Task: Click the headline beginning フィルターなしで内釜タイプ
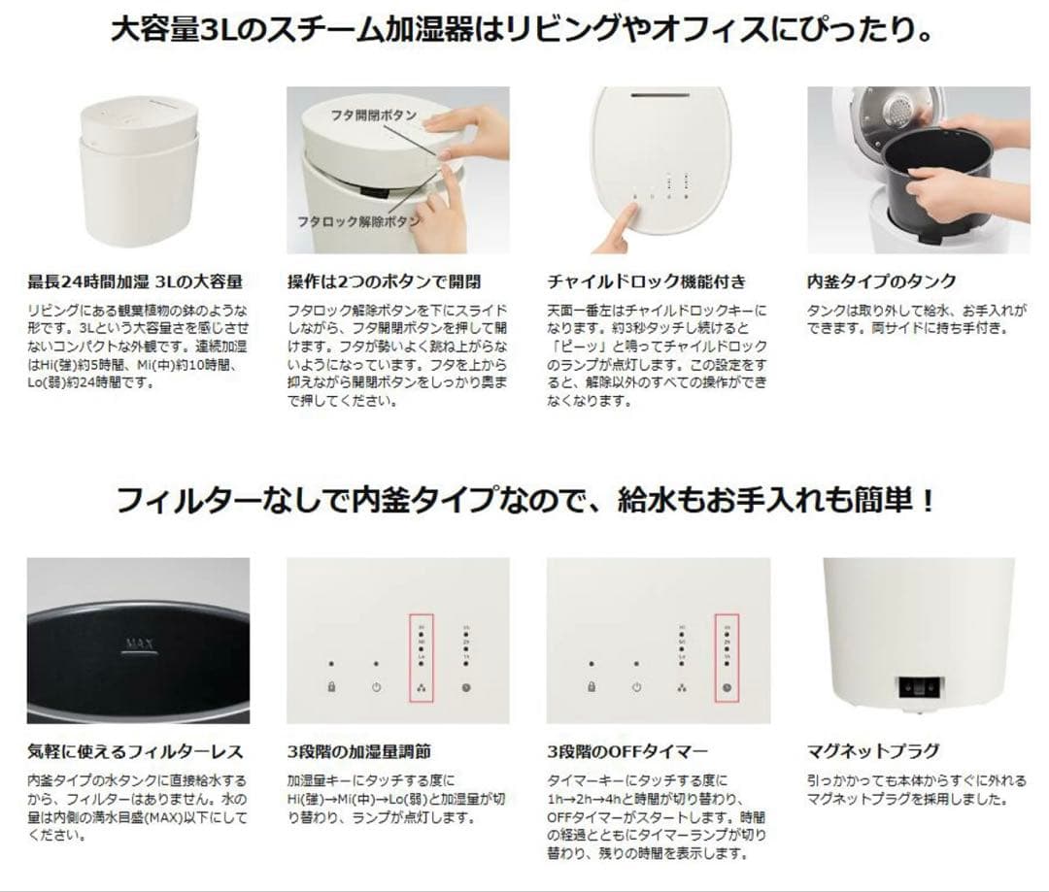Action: pos(524,501)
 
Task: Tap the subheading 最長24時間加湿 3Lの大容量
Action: pos(134,281)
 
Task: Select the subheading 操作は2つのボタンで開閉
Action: pos(384,281)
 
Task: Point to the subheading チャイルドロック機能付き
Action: pos(647,281)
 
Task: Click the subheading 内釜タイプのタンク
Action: pos(881,281)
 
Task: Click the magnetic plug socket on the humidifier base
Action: pos(919,686)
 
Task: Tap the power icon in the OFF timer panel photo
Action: pos(636,687)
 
